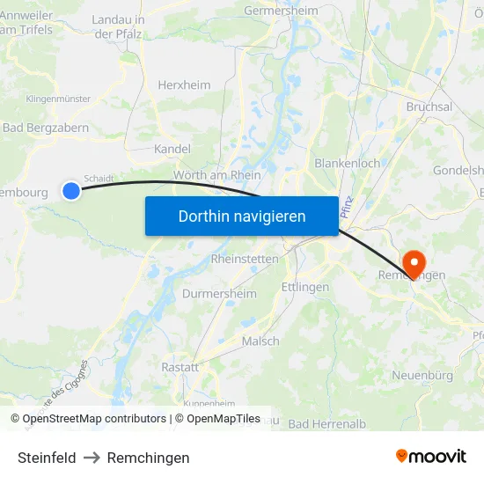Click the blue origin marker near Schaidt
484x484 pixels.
click(x=71, y=190)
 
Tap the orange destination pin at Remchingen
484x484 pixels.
click(x=413, y=261)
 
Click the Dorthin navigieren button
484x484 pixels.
click(x=241, y=216)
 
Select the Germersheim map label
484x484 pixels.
click(x=279, y=10)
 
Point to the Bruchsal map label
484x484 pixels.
click(x=429, y=106)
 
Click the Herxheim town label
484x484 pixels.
click(x=184, y=84)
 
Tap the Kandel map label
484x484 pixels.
click(x=172, y=150)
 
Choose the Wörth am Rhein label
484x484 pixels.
click(x=217, y=175)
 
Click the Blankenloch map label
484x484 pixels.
click(x=347, y=163)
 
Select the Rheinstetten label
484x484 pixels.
click(x=245, y=259)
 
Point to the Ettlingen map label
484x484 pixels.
click(x=304, y=287)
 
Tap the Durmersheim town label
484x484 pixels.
click(x=219, y=293)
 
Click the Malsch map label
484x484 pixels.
click(x=260, y=341)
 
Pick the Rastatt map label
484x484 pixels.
click(x=180, y=366)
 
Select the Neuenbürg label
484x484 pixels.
click(x=422, y=376)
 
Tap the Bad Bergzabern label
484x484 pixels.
click(x=46, y=128)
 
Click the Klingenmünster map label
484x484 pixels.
click(x=59, y=99)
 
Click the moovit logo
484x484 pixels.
click(x=430, y=456)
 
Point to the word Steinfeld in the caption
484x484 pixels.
click(x=47, y=458)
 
